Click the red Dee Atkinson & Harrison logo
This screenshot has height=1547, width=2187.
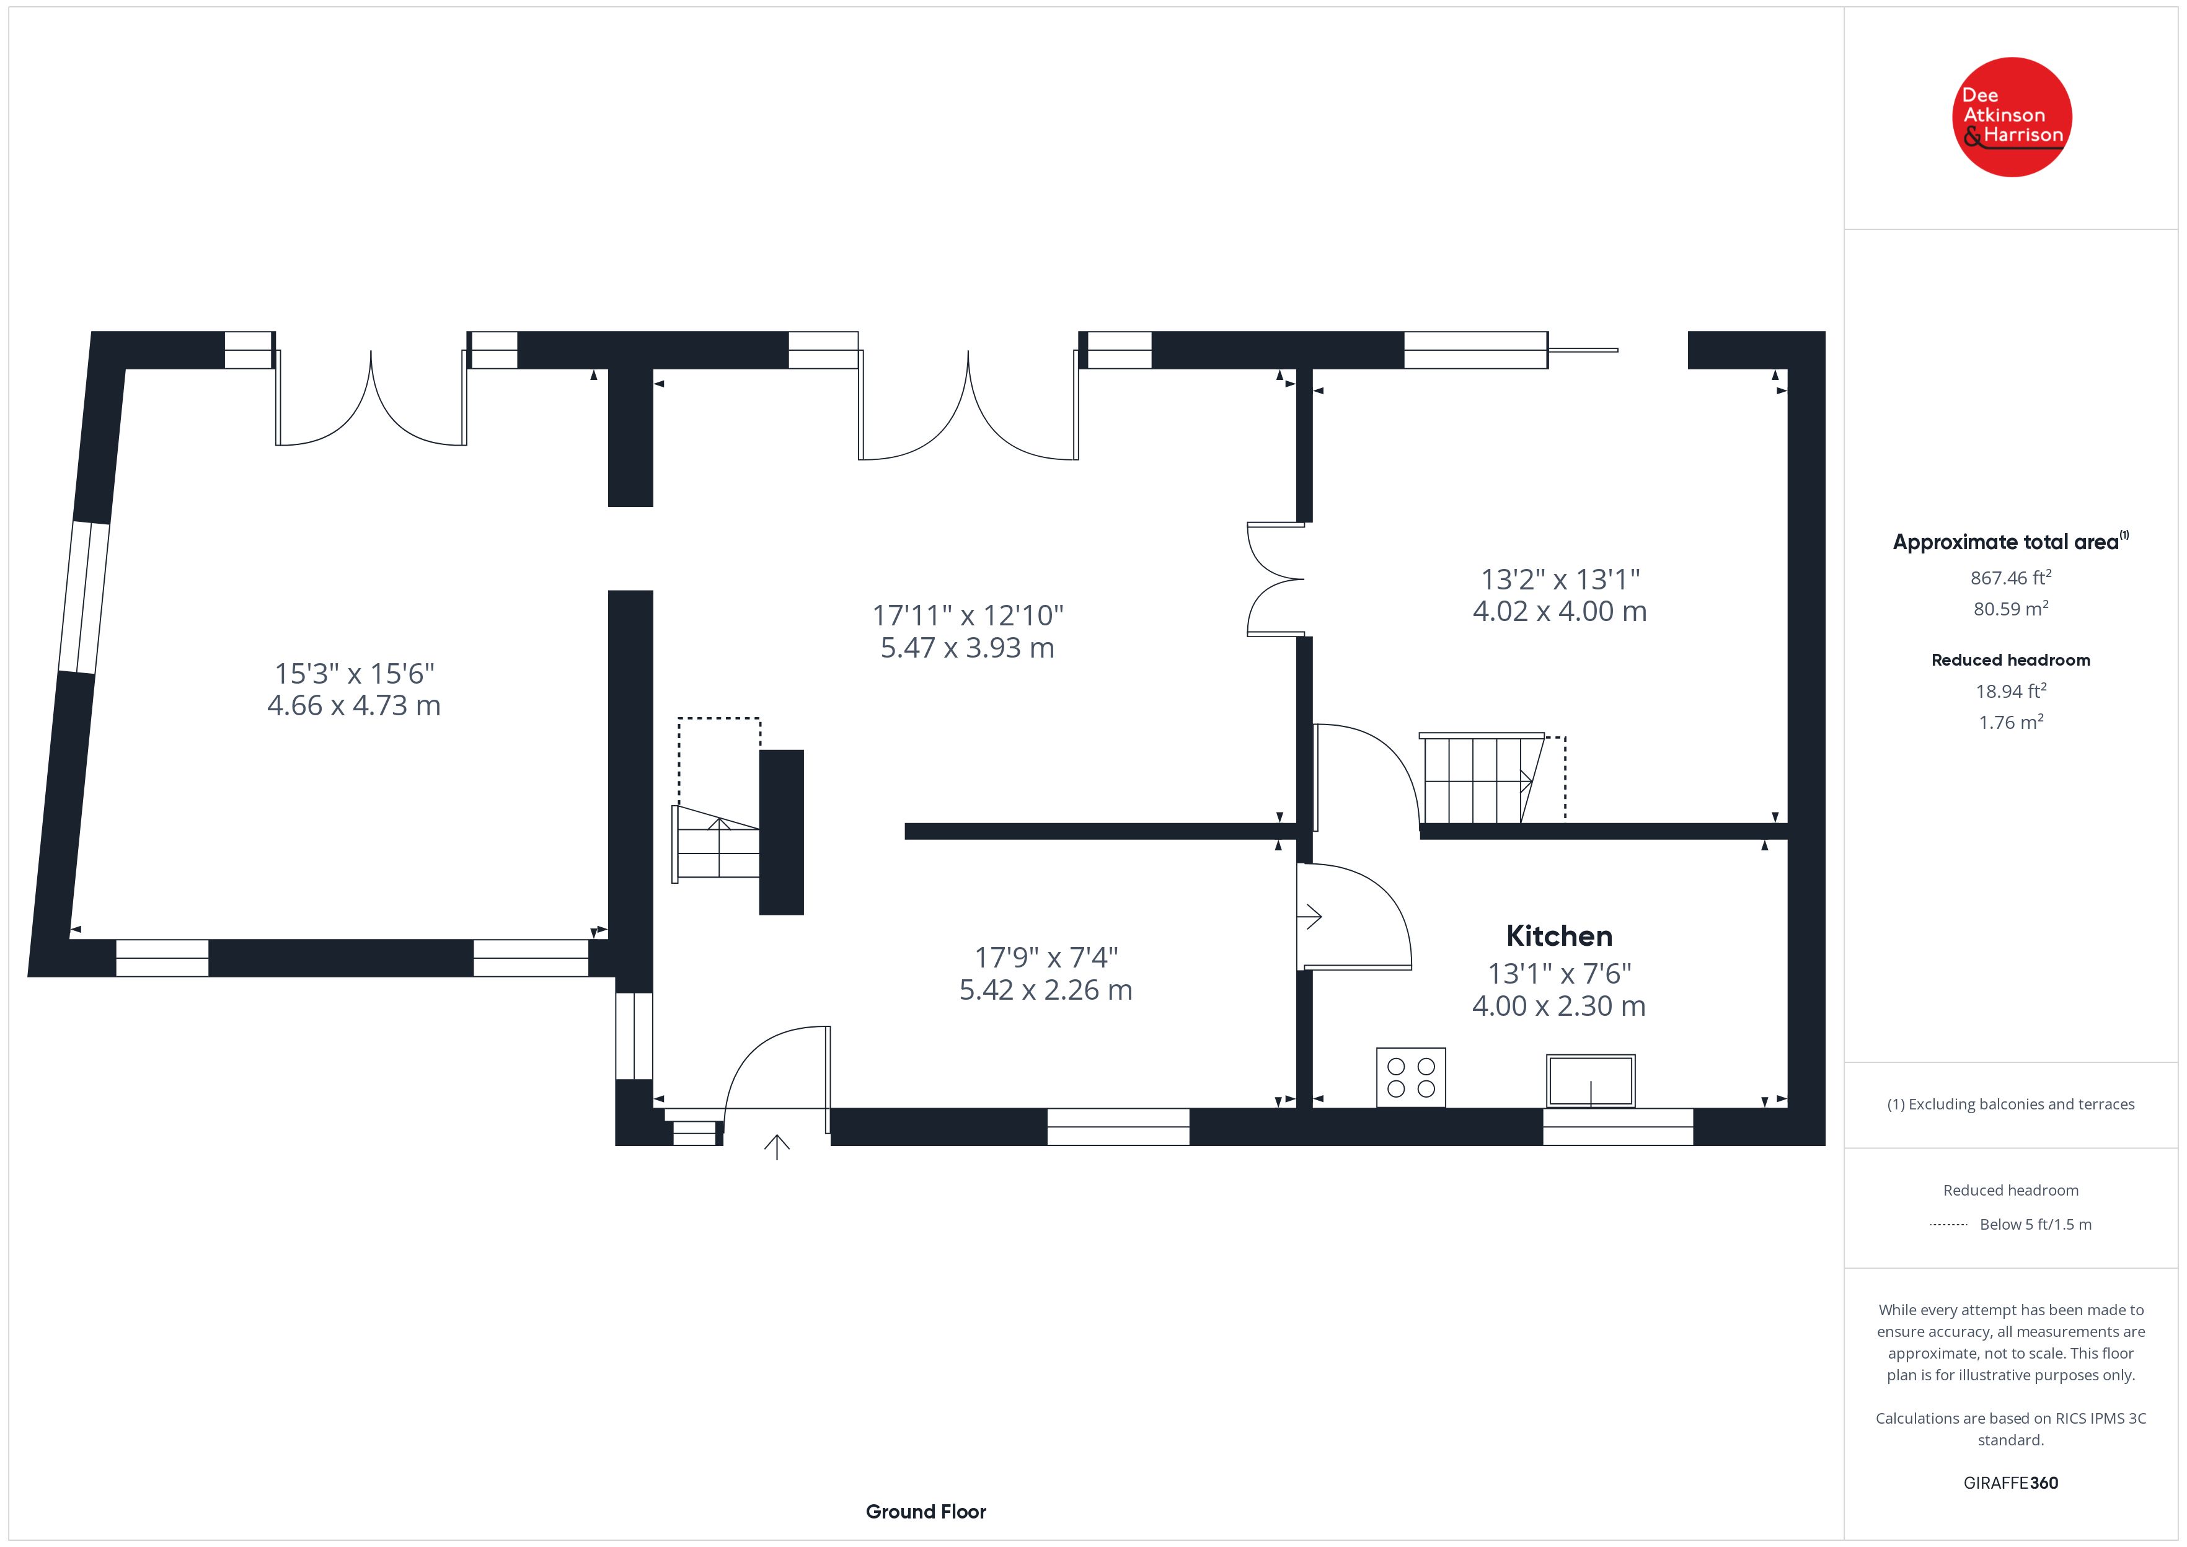point(2012,117)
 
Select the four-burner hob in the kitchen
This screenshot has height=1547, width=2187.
point(1411,1077)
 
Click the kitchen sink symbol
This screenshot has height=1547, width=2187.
point(1591,1081)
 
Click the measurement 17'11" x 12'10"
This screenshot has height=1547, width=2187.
point(968,615)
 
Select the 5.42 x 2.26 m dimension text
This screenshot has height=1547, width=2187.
point(1045,990)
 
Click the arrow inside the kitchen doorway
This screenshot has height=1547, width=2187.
point(1310,917)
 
